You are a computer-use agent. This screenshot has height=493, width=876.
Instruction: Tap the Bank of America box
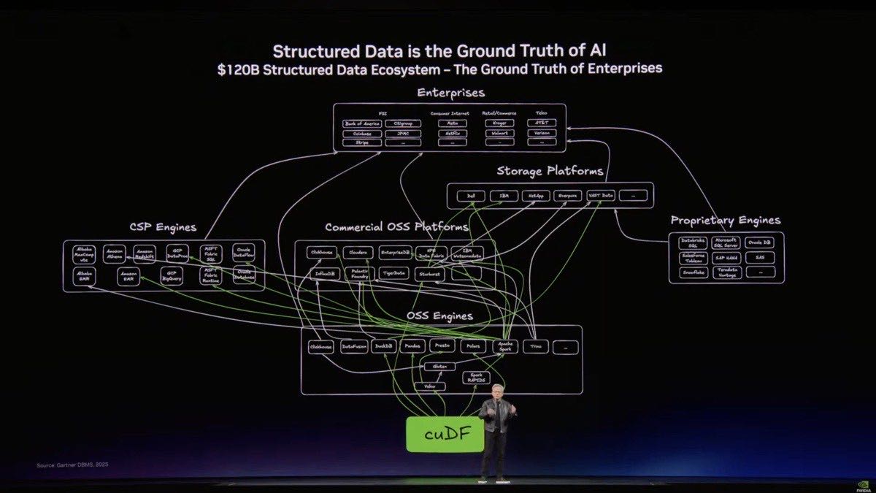362,123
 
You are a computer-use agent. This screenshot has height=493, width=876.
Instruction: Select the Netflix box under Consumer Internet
453,133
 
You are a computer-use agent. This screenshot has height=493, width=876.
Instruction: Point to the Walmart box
499,133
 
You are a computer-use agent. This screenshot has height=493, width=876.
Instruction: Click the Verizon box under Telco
541,133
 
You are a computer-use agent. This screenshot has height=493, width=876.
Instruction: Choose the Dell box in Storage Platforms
471,196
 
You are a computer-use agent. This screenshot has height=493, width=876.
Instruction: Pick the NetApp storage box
537,196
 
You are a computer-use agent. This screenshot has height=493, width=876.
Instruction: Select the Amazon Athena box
115,253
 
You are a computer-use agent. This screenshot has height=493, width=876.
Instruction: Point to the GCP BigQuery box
172,276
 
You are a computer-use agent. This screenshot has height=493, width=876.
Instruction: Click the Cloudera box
358,253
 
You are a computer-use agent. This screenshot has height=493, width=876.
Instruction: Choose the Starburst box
430,275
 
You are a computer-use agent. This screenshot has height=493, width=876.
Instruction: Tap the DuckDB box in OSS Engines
384,347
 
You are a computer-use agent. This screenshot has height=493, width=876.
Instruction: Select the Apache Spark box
505,347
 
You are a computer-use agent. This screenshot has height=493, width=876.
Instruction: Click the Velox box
429,386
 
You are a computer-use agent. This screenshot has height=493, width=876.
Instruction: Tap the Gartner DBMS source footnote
72,465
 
